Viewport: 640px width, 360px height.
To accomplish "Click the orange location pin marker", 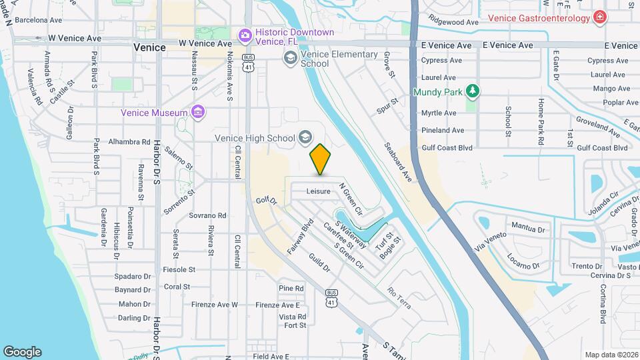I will [321, 159].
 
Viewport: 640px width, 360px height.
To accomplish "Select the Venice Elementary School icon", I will [290, 58].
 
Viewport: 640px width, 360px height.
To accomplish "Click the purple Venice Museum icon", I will [197, 112].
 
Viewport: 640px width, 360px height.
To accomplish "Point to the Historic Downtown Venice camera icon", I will [245, 34].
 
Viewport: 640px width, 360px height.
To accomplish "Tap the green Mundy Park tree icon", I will [473, 91].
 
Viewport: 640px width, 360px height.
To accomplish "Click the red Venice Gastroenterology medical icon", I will [600, 17].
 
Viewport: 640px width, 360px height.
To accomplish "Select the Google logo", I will [22, 351].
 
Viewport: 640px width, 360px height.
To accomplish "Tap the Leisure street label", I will [319, 191].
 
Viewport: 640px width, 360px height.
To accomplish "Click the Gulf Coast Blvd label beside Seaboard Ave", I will [447, 147].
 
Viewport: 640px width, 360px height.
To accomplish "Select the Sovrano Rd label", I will [207, 216].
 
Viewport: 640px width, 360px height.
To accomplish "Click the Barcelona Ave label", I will [39, 20].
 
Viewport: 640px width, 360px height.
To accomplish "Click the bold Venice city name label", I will [149, 47].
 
